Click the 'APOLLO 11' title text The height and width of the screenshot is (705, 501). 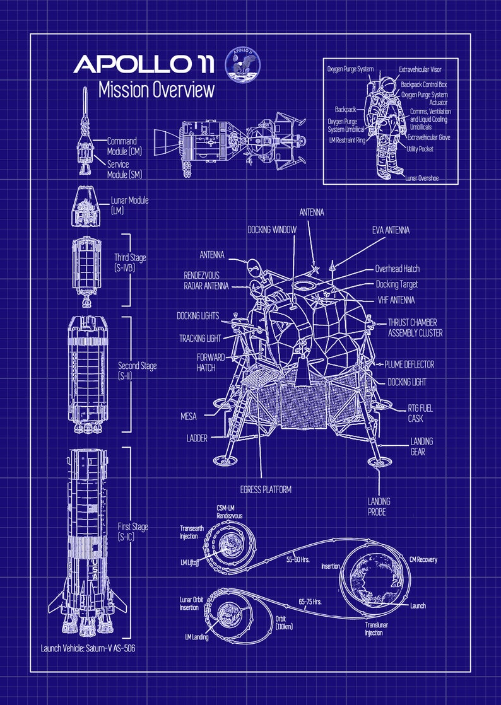coord(144,64)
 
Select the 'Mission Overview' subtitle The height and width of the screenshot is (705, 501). coord(156,90)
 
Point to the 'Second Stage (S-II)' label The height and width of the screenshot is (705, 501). coord(137,371)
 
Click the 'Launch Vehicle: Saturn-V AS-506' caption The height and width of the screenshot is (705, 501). coord(88,648)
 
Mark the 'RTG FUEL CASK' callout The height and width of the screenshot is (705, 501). coord(420,413)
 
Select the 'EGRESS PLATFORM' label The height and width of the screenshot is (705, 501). coord(265,489)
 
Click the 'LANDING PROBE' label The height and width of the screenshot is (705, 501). coord(379,506)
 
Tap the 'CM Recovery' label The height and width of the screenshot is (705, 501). coord(422,559)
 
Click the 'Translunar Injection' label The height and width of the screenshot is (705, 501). coord(374,629)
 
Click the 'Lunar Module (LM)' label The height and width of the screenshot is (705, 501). coord(129,205)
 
